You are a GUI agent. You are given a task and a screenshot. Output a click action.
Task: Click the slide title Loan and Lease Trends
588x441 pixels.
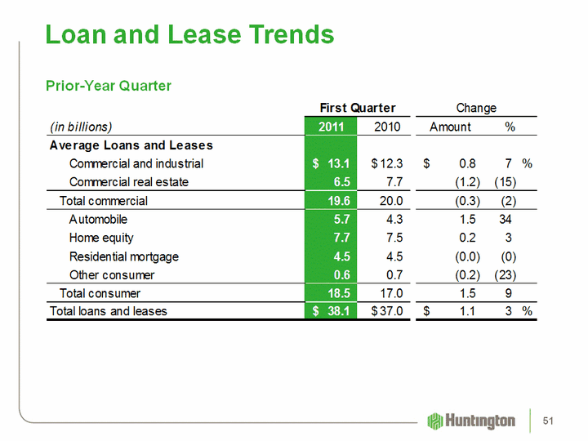[x=189, y=34]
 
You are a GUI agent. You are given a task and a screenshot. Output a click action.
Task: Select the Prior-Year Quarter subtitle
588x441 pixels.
[x=108, y=86]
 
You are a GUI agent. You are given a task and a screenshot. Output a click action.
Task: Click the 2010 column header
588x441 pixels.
[x=387, y=127]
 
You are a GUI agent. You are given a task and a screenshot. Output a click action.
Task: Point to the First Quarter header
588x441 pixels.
[x=357, y=108]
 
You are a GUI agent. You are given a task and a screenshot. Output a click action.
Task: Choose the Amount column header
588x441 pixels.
[x=450, y=127]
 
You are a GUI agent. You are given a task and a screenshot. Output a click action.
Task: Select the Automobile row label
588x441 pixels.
[x=98, y=219]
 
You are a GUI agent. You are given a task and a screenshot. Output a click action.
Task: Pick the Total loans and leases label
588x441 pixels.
[x=108, y=311]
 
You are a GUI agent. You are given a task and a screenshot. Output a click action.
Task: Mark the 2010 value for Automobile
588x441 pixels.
[x=392, y=219]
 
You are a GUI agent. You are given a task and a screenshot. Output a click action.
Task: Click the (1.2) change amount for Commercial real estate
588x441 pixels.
[x=467, y=181]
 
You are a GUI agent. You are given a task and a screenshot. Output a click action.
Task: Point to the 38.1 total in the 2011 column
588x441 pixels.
[x=339, y=311]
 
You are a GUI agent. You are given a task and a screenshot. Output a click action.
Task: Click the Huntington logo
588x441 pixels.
[x=472, y=421]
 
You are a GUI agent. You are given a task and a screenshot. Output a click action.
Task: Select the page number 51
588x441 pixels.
[x=548, y=421]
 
